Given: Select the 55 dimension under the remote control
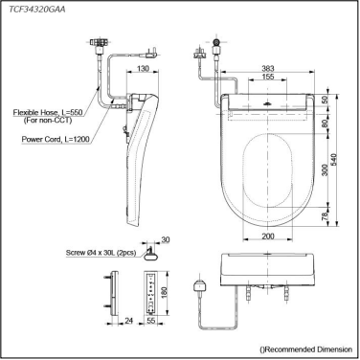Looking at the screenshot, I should tap(152, 322).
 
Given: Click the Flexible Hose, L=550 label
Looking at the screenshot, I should tap(49, 112).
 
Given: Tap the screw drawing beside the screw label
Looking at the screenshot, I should tap(152, 252).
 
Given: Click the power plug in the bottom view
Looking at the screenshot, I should tap(201, 284).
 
